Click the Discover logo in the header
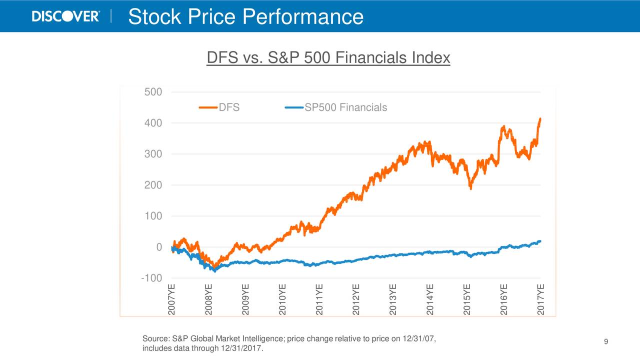point(65,16)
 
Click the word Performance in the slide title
point(303,17)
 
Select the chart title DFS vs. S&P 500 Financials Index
point(328,58)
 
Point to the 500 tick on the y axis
point(152,92)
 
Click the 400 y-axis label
point(152,123)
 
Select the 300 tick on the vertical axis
point(152,154)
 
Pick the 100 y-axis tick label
point(152,216)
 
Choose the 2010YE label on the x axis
point(282,299)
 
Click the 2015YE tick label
point(467,299)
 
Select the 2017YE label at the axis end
point(541,299)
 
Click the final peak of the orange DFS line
point(540,119)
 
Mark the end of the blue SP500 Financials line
point(540,241)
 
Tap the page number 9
point(605,342)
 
